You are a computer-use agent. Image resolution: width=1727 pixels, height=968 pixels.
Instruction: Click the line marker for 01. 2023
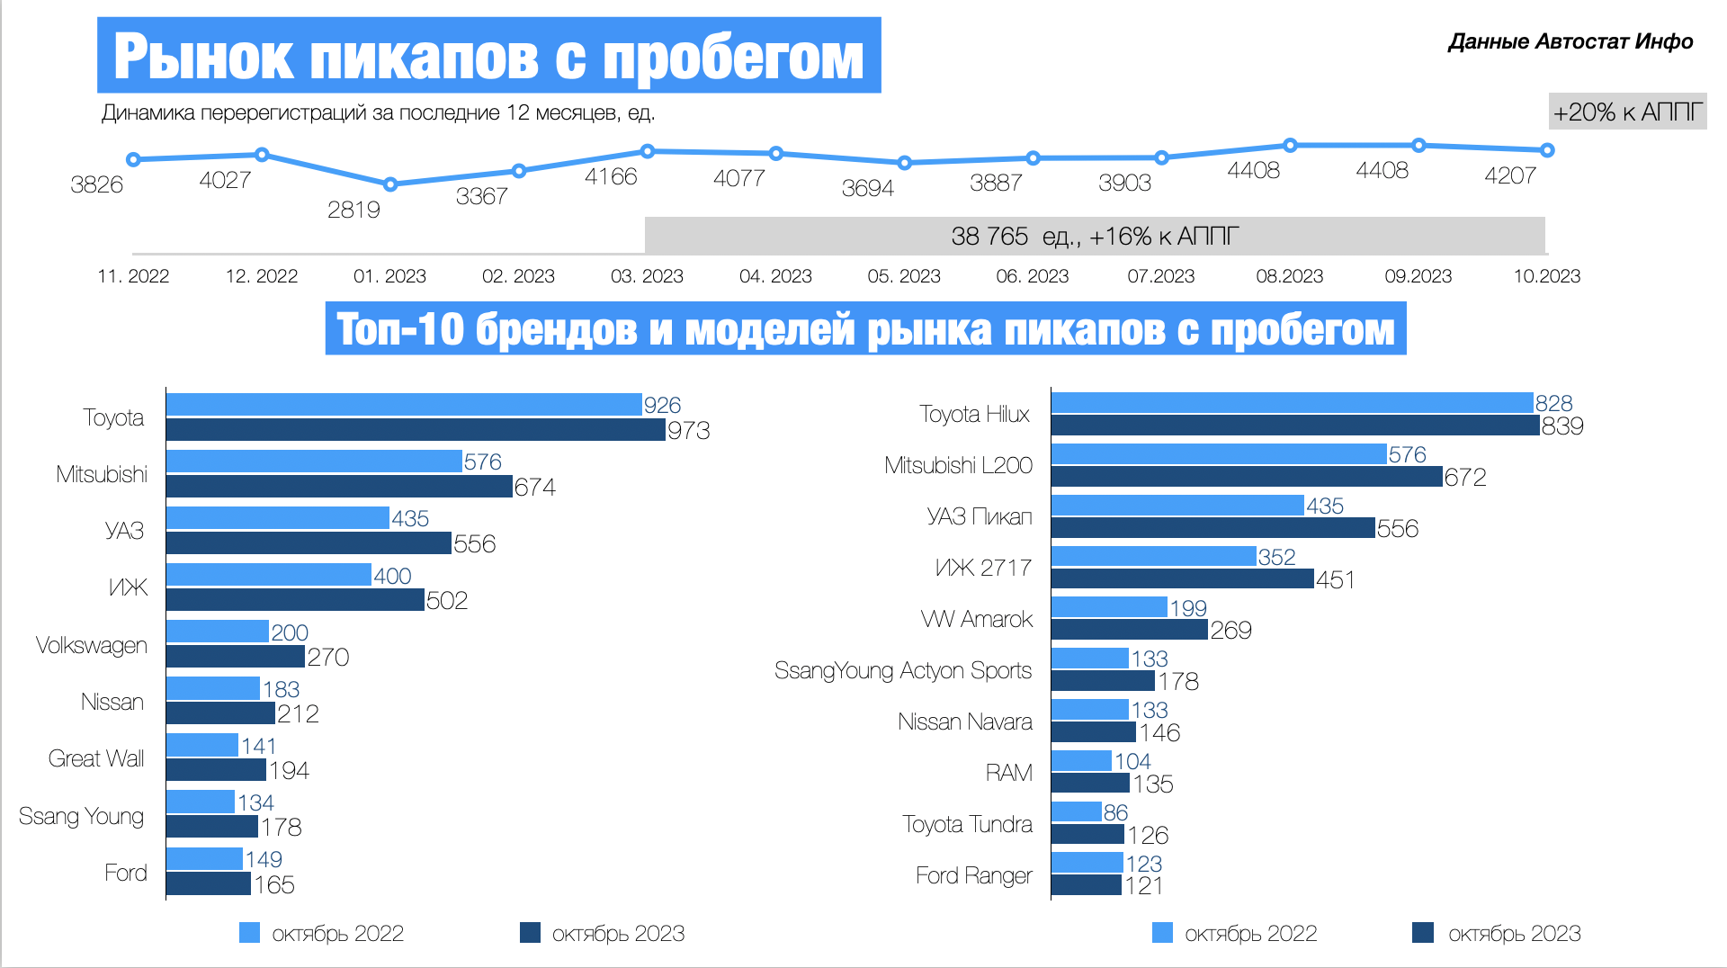(x=390, y=184)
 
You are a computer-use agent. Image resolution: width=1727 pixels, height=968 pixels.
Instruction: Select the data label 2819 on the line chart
(x=353, y=210)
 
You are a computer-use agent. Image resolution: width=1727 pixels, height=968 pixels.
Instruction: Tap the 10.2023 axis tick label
(x=1546, y=276)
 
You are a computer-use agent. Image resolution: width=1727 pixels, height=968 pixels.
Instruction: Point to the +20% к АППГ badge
(x=1627, y=112)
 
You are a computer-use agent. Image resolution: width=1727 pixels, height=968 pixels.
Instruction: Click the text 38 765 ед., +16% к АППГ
(x=1095, y=237)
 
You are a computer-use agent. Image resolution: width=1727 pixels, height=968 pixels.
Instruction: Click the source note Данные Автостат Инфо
(x=1570, y=41)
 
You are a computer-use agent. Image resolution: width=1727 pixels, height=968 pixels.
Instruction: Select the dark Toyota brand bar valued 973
(x=416, y=430)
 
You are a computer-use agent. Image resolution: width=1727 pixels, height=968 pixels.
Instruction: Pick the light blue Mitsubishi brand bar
(x=314, y=462)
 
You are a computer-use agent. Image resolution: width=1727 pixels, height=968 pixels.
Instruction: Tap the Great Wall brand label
(x=96, y=758)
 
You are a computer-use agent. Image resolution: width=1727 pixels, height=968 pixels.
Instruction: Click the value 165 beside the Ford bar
(x=274, y=885)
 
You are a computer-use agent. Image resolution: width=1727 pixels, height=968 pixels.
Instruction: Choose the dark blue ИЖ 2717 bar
(x=1182, y=579)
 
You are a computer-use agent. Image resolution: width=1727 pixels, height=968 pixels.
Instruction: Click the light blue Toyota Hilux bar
(x=1292, y=403)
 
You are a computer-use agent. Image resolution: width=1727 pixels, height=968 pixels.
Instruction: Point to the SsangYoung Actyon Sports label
(x=903, y=670)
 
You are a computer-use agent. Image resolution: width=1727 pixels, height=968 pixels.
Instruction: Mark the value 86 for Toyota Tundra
(x=1115, y=812)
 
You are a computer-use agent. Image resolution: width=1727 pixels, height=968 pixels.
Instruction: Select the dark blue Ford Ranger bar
(x=1086, y=885)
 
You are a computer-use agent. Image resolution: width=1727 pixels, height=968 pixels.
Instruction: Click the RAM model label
(x=1008, y=773)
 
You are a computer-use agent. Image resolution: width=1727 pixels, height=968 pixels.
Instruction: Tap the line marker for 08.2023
(x=1290, y=145)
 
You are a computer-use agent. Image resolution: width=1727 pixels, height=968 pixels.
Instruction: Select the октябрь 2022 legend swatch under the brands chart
(x=249, y=933)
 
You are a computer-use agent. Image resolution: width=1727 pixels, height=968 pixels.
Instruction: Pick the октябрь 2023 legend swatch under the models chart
(x=1423, y=933)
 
